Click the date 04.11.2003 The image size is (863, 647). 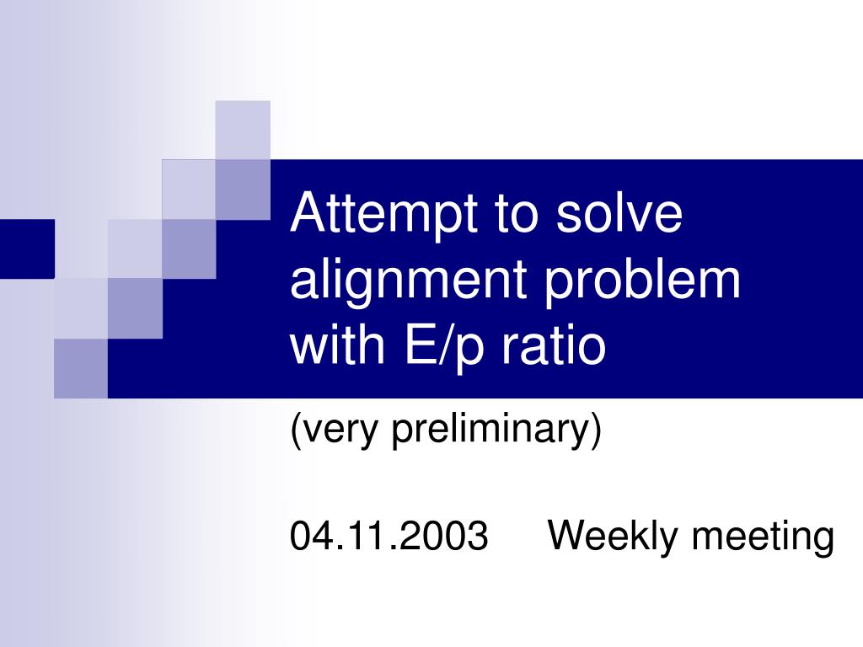click(389, 536)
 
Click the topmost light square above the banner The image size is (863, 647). click(243, 129)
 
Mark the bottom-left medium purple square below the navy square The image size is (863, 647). click(81, 367)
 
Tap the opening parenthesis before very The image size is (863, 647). click(296, 431)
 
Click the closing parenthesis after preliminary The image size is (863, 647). click(597, 431)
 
